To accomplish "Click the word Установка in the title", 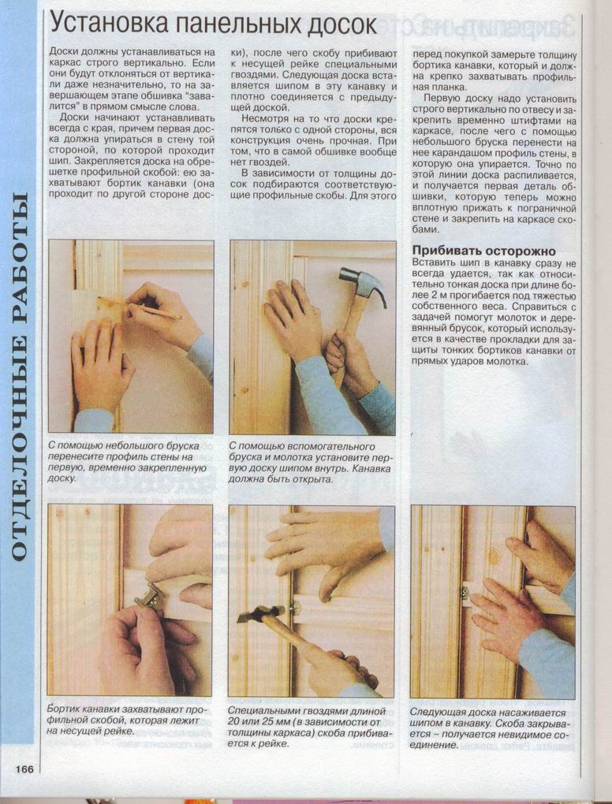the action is (x=112, y=25).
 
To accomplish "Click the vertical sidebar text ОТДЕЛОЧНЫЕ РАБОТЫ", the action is (x=20, y=376).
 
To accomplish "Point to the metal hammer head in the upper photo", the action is (x=364, y=285).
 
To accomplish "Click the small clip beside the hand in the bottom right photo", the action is (x=465, y=592).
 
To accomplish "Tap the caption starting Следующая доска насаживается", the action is (x=488, y=728).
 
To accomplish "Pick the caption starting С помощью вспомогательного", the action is (x=306, y=462).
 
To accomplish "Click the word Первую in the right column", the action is (x=443, y=99).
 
